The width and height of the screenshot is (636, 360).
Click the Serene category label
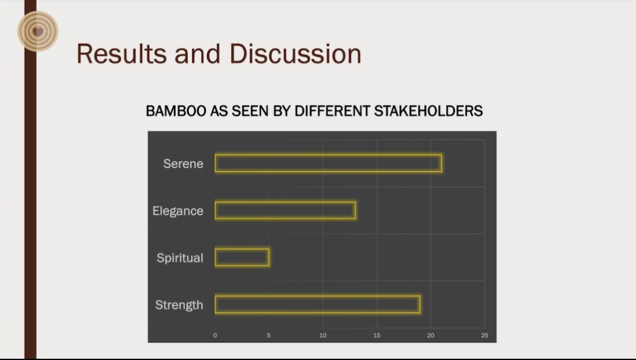[183, 164]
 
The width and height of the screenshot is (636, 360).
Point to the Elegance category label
[178, 211]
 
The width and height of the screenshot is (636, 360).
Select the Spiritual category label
[179, 258]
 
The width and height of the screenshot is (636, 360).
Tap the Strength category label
[179, 305]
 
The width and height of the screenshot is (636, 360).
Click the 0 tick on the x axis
[215, 335]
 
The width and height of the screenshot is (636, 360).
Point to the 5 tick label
[269, 335]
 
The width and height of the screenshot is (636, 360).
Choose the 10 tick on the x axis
[323, 335]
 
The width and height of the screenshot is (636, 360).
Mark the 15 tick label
[377, 335]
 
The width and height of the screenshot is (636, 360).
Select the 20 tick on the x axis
[431, 335]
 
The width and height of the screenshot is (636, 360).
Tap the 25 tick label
[485, 335]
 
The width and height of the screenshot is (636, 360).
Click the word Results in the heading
[121, 54]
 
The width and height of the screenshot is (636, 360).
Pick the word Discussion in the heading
[295, 54]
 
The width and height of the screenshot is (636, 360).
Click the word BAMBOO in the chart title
[176, 111]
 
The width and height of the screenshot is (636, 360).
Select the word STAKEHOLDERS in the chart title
[429, 111]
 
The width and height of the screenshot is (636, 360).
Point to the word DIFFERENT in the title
[332, 111]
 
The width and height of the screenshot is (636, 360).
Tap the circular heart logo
[38, 31]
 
